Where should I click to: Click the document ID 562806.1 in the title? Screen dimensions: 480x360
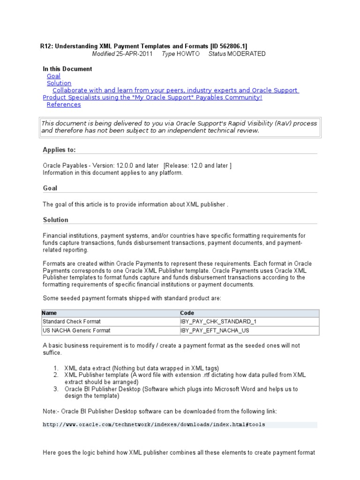tap(228, 46)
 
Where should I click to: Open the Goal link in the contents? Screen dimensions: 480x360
tap(53, 76)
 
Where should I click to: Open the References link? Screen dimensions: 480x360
tap(64, 105)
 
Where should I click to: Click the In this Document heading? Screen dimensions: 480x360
tap(67, 69)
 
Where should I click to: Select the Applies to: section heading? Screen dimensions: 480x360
tap(59, 150)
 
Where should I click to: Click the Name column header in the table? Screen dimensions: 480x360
tap(49, 313)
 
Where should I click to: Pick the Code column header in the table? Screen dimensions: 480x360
tap(187, 313)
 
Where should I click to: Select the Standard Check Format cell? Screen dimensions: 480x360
tap(71, 322)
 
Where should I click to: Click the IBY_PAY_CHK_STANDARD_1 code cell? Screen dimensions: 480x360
tap(218, 322)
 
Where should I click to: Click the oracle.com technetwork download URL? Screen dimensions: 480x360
tap(154, 425)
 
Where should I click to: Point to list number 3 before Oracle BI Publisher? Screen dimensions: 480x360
tap(55, 389)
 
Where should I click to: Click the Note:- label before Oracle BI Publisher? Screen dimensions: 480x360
tap(51, 411)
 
